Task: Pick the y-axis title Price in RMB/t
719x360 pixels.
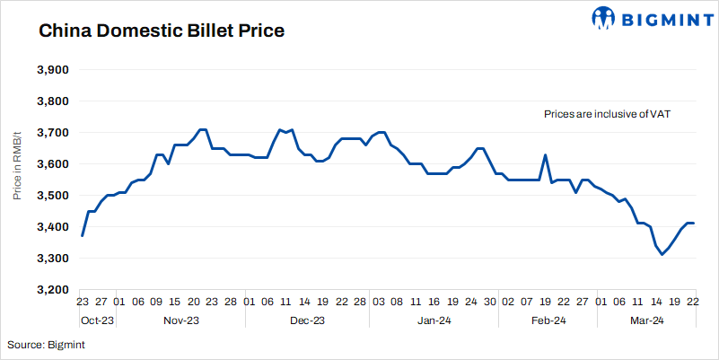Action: (18, 180)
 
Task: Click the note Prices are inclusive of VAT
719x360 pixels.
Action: (608, 115)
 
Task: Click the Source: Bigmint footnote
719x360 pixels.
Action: (46, 344)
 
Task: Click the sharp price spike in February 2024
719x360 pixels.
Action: (545, 155)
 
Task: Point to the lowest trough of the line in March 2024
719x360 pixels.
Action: (662, 255)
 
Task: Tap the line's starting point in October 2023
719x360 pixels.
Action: (82, 235)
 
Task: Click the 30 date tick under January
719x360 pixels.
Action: (490, 303)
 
